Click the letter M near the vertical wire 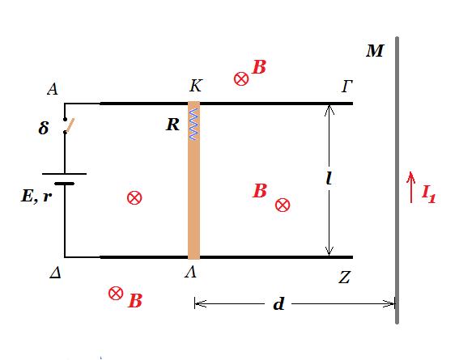(375, 51)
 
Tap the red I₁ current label (429, 194)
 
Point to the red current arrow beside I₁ (411, 187)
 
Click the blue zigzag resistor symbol (193, 124)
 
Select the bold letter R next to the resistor (173, 125)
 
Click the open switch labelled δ (68, 125)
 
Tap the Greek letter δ (44, 128)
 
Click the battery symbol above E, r (65, 179)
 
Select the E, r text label (36, 196)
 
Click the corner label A (53, 89)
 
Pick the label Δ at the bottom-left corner (55, 273)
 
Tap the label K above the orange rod (195, 86)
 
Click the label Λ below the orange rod (191, 273)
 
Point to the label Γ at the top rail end (346, 87)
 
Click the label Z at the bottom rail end (344, 277)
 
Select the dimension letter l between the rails (329, 178)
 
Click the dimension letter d (278, 303)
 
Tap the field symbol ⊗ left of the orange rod (134, 198)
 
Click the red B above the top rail (259, 67)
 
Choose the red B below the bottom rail (135, 301)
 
